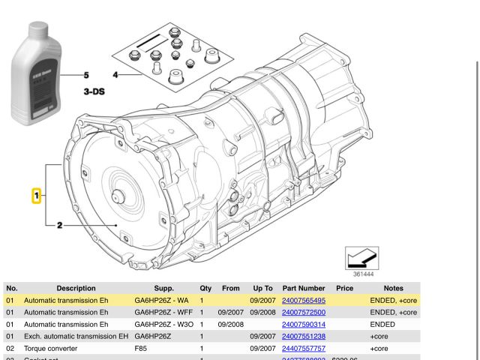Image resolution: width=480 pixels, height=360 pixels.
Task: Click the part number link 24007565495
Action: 303,300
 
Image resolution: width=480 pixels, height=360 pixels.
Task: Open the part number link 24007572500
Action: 303,312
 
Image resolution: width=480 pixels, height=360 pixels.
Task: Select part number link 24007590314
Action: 303,324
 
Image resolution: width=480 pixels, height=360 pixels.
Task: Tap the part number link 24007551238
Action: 303,336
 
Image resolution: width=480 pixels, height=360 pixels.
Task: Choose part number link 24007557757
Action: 303,348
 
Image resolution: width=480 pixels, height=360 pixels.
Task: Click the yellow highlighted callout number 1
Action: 35,196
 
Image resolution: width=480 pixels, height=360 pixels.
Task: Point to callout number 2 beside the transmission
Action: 59,225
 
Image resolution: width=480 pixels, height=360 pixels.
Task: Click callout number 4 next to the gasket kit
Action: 115,75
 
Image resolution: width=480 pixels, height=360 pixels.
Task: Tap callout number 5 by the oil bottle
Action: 85,75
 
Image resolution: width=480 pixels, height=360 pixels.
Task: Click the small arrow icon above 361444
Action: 361,258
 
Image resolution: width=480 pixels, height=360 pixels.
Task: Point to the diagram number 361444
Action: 363,274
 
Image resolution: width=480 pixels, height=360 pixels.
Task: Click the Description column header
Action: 76,288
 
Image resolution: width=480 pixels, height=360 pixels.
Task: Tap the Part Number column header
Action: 303,288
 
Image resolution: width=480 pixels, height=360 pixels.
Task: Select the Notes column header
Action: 393,288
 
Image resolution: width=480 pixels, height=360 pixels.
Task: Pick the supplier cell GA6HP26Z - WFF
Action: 163,312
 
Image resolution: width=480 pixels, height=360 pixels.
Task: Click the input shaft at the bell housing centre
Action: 116,197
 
